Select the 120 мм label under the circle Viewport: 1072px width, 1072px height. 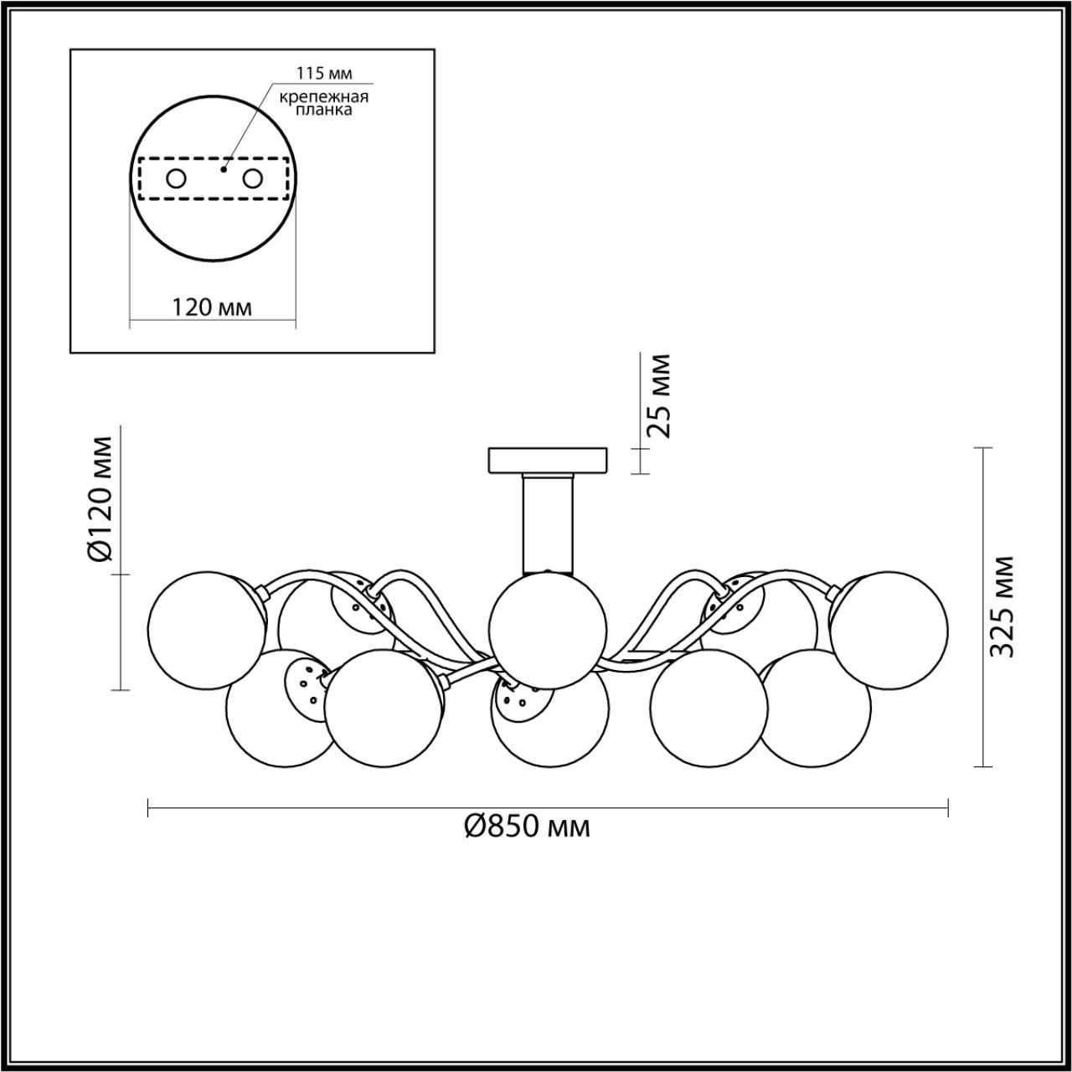tap(212, 307)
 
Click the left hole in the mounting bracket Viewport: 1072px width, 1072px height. tap(176, 178)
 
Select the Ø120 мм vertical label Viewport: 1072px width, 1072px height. tap(100, 500)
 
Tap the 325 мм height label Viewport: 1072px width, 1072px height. tap(1002, 606)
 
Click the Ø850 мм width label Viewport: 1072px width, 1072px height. tap(527, 827)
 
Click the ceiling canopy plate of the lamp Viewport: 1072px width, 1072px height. tap(548, 460)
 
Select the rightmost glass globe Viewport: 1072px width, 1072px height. tap(889, 631)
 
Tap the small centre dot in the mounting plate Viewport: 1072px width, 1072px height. tap(222, 169)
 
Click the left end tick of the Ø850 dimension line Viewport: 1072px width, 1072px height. tap(148, 807)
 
